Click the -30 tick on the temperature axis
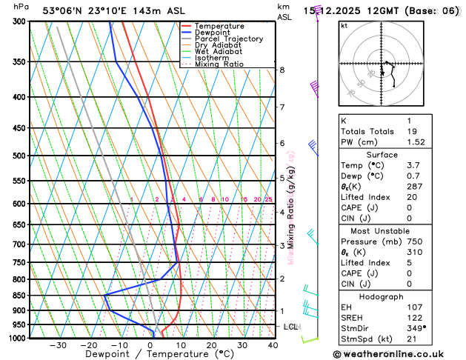[x=58, y=345]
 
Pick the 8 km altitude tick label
[x=282, y=70]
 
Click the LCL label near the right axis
[x=290, y=327]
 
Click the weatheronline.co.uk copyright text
[x=399, y=354]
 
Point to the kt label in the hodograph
[x=344, y=25]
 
